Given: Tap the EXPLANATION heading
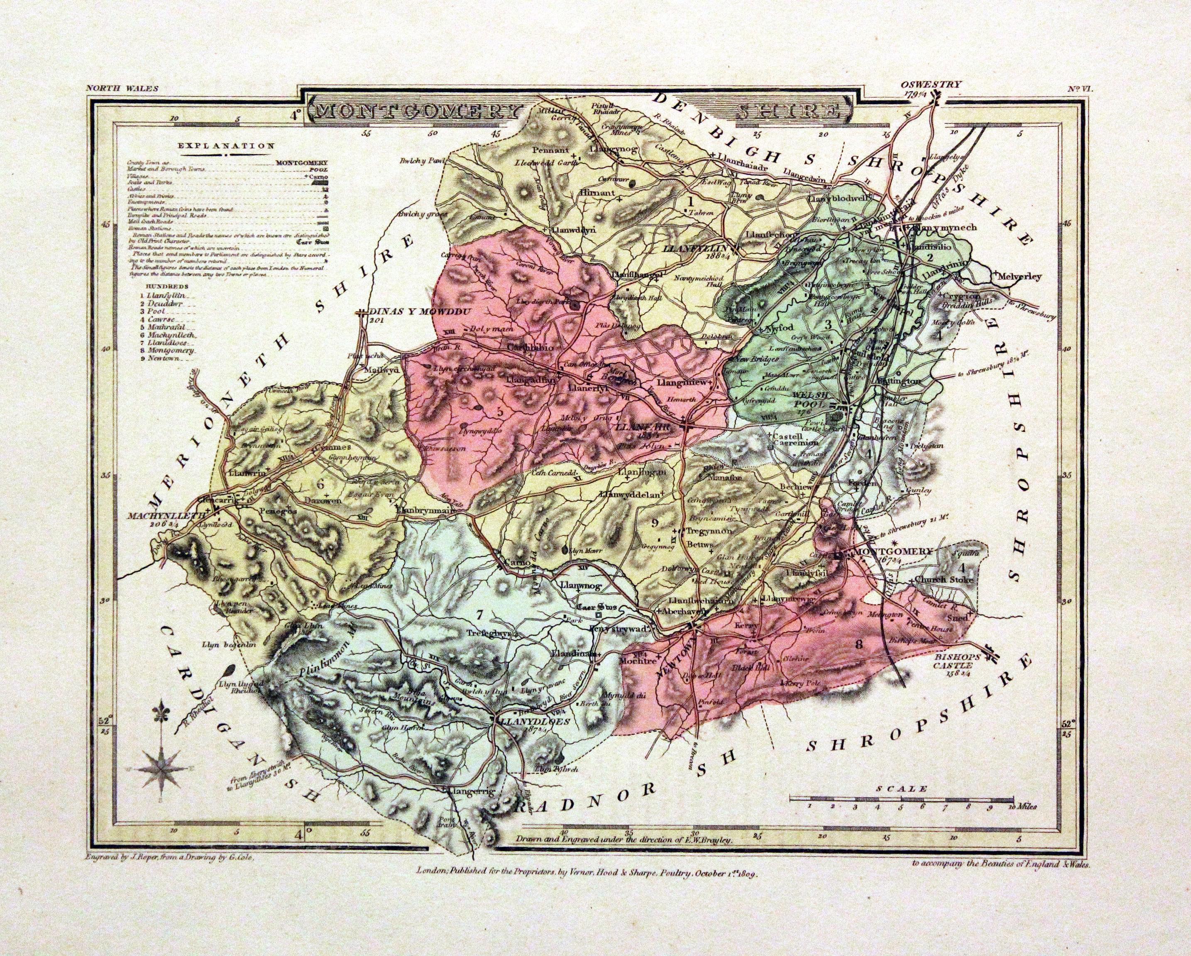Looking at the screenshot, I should (x=225, y=146).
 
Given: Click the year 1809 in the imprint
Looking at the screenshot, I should (x=743, y=874).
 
